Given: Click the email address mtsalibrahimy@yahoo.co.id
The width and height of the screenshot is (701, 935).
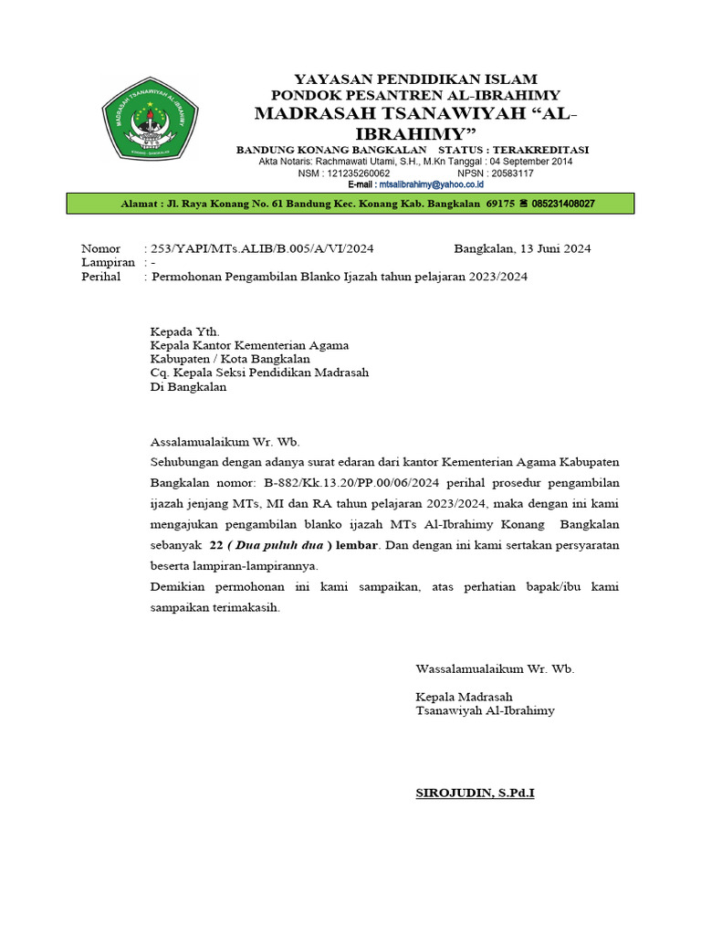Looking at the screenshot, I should coord(431,184).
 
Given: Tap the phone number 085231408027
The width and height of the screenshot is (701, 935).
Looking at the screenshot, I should coord(557,204).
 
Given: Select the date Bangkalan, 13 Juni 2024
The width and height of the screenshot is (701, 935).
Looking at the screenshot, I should coord(522,248).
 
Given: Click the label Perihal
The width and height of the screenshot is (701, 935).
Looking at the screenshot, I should coord(100,277).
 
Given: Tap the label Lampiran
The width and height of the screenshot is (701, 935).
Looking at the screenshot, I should coord(107,262).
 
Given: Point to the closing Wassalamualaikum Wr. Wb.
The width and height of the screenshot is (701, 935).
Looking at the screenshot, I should coord(495,669).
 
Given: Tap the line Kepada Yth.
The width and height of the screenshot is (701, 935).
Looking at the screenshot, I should coord(184,331).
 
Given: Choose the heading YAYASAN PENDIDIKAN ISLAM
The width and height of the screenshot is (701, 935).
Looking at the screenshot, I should coord(414,79).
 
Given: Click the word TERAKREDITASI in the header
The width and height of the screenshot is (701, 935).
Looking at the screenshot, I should coord(539,149).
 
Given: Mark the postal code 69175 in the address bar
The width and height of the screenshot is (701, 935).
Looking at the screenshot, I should coord(501,204).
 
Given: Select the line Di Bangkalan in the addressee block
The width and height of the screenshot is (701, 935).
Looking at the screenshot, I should coord(188,386).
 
